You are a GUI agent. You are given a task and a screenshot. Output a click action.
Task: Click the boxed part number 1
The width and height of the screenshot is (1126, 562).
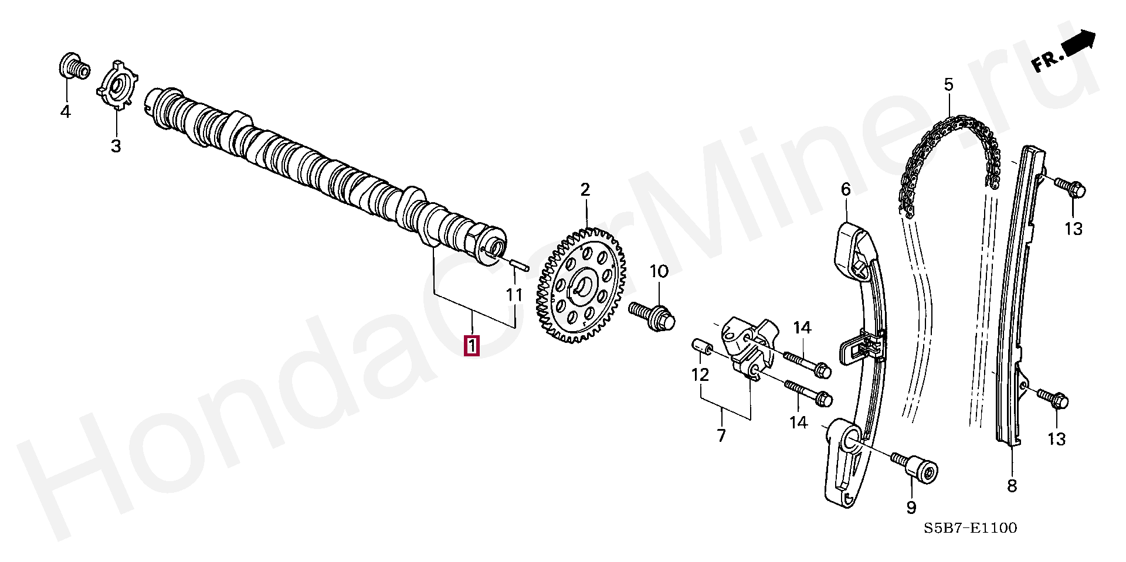(472, 345)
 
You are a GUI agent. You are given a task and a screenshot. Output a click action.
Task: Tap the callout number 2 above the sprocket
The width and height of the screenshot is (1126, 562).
(585, 190)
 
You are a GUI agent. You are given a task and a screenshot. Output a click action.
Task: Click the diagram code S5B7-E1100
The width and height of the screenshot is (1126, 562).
(971, 528)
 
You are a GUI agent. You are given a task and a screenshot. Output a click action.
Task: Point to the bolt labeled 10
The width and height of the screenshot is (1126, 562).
(652, 315)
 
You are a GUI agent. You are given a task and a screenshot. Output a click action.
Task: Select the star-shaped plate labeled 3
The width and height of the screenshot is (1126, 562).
(117, 84)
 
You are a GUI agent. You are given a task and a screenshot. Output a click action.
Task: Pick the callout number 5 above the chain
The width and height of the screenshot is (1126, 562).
(948, 85)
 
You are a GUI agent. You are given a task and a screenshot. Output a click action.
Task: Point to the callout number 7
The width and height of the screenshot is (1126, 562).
(721, 435)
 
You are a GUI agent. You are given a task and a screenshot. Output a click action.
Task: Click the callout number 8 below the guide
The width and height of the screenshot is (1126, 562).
(1012, 486)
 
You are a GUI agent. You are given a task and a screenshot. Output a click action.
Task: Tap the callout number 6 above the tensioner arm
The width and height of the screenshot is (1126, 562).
(846, 189)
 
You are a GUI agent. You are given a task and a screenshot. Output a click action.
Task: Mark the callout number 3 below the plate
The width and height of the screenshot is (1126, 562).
(116, 146)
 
